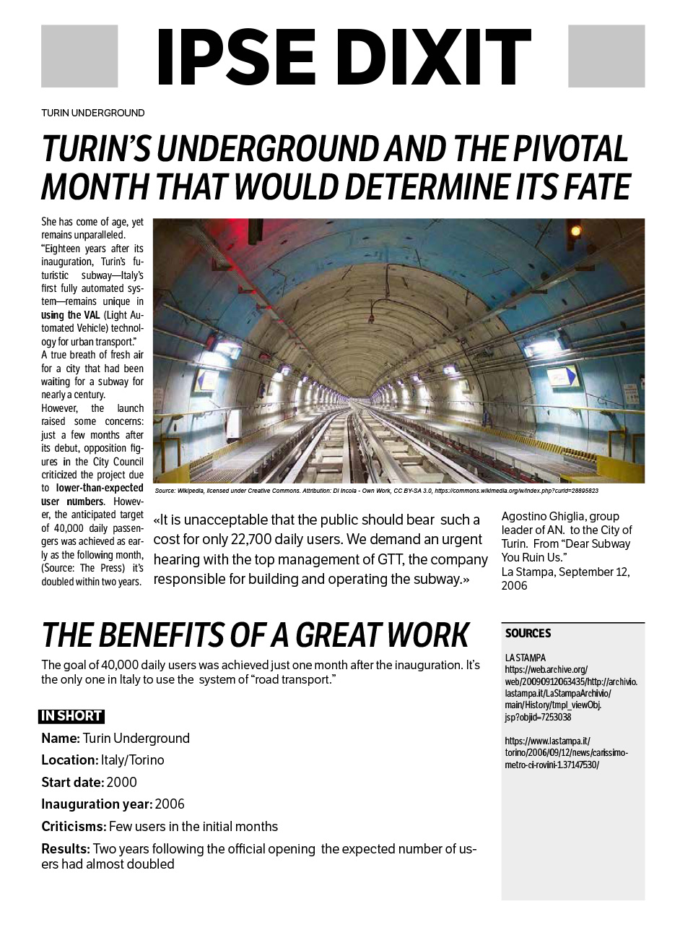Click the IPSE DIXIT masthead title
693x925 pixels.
[343, 56]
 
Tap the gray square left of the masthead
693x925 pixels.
[79, 56]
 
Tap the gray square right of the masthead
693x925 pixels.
[606, 56]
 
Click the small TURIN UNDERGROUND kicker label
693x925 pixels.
[92, 113]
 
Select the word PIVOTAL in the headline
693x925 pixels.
[570, 149]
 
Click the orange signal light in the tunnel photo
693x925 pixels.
[575, 231]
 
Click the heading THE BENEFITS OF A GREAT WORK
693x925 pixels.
[256, 635]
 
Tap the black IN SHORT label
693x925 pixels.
[71, 716]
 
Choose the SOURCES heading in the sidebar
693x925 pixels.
[528, 633]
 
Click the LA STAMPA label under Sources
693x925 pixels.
[526, 658]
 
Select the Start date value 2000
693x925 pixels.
[121, 783]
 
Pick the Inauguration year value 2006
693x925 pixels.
[170, 804]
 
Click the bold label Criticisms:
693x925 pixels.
[74, 827]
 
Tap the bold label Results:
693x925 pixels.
[66, 848]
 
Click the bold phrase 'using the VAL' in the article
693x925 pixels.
[70, 315]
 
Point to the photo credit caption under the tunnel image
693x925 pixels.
[376, 491]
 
